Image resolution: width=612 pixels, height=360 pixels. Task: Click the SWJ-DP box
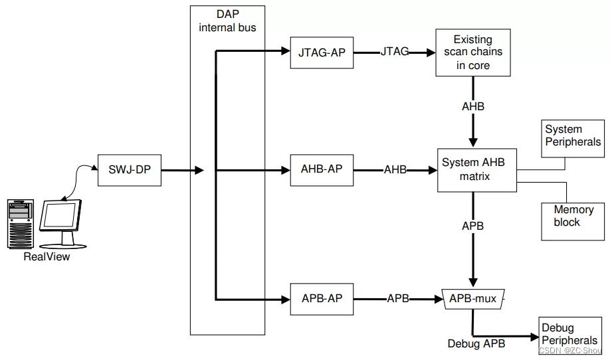coord(130,170)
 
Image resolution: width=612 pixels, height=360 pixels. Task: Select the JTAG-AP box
coord(322,52)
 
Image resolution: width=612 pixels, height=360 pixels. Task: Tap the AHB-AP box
coord(322,169)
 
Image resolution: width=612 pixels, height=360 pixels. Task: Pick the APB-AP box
coord(322,298)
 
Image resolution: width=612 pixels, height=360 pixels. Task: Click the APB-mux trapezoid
coord(473,299)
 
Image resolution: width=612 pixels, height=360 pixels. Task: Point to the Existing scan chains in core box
coord(472,52)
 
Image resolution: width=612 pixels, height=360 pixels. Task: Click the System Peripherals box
coord(573,136)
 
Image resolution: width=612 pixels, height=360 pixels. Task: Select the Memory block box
coord(573,217)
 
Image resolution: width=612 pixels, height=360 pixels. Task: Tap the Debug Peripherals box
coord(569,334)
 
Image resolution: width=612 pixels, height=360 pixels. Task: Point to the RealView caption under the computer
coord(47,257)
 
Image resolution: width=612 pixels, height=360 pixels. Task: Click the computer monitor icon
coord(61,219)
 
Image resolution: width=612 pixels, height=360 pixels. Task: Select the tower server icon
coord(21,223)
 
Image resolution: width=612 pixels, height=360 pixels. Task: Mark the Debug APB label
coord(476,343)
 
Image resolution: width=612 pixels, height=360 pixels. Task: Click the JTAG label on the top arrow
coord(395,52)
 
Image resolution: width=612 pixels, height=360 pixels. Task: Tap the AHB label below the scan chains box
coord(473,106)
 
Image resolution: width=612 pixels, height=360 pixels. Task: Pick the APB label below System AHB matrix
coord(473,226)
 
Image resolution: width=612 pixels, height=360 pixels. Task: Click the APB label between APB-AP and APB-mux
coord(398,299)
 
